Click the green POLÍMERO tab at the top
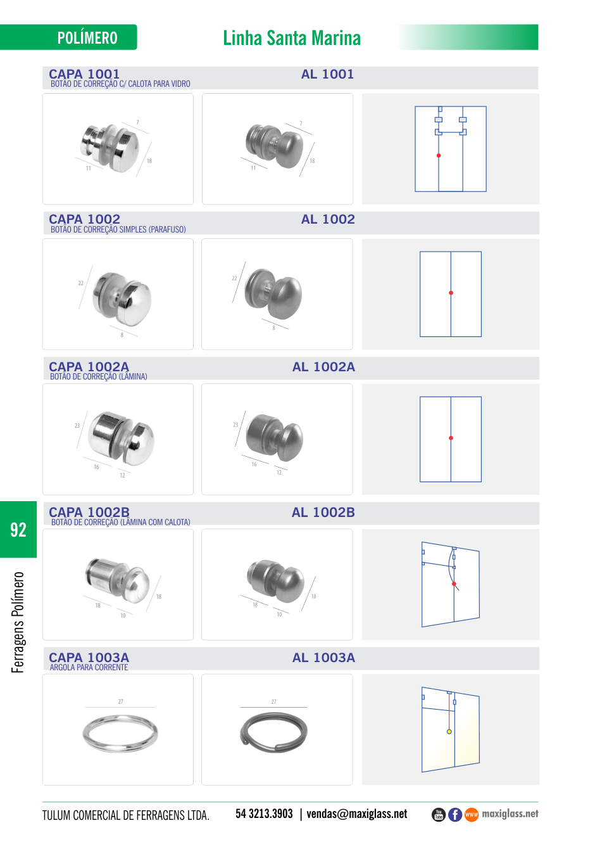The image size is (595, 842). click(68, 37)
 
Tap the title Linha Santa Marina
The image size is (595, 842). click(292, 38)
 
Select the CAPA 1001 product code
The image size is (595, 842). click(84, 73)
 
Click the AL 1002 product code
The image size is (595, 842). click(327, 219)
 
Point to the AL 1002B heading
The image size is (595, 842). click(323, 513)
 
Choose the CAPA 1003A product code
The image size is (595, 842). click(89, 658)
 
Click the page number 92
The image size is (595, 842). click(18, 530)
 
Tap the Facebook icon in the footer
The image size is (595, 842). click(455, 815)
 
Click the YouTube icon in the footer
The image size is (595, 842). click(439, 815)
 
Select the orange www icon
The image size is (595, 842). click(472, 815)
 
